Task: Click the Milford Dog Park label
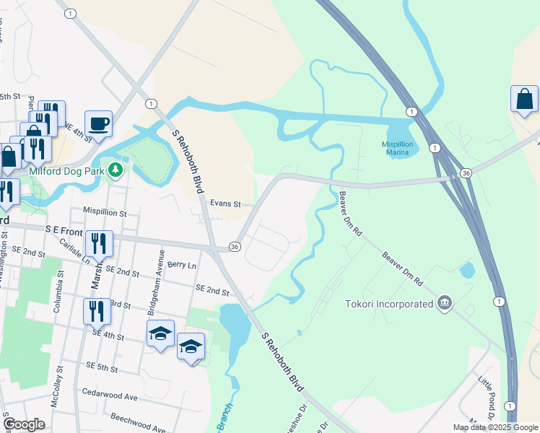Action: point(68,172)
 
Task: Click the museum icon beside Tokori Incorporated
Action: point(444,303)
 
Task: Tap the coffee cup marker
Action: point(98,123)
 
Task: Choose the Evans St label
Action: point(224,204)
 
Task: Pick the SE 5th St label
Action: point(100,368)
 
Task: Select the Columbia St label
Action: point(56,292)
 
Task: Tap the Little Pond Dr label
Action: point(489,393)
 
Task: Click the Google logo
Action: point(24,424)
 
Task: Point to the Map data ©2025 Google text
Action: point(495,427)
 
